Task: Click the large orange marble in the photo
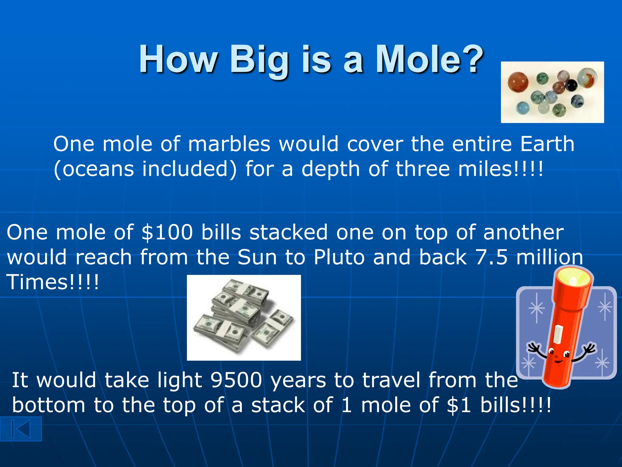518,82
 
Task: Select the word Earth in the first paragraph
547,144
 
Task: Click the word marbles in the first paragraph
229,144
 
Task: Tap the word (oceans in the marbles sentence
94,169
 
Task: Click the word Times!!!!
53,282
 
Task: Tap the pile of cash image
244,318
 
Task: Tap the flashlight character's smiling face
558,357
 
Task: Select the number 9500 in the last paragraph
236,380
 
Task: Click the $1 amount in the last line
459,405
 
